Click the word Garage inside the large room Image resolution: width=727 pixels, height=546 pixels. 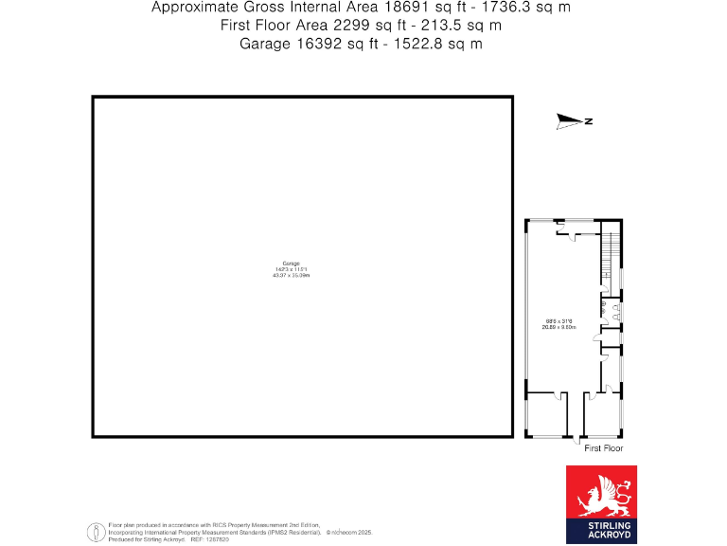(292, 263)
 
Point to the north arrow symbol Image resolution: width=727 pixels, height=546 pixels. (570, 120)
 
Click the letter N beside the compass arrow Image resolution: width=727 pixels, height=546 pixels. (589, 121)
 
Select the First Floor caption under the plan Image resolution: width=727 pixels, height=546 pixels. (604, 447)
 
